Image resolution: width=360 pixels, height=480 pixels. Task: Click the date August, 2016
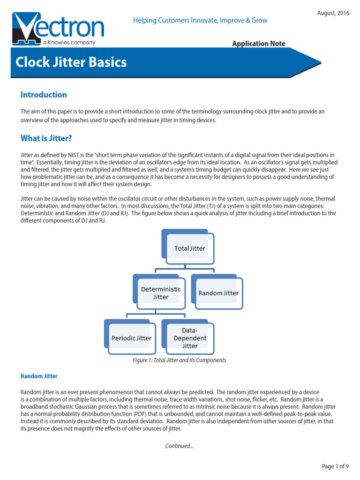coord(333,13)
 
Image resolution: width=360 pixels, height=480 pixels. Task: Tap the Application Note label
coord(259,44)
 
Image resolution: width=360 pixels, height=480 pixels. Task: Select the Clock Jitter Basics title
coord(71,62)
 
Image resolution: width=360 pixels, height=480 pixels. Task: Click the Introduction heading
coord(44,95)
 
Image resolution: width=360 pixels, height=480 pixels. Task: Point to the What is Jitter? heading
coord(46,138)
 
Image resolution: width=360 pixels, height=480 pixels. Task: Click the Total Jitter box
coord(189,248)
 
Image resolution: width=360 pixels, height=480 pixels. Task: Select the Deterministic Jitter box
coord(160,293)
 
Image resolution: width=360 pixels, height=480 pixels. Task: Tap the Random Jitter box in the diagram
coord(218,293)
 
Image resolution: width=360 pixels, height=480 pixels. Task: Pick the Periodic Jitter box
coord(131,337)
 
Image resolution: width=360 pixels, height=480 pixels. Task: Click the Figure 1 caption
coord(180,360)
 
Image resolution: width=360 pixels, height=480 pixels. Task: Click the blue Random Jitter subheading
coord(39,376)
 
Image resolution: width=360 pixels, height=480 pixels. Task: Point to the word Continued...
coord(179,446)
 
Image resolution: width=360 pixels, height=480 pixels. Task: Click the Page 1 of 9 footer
coord(335,466)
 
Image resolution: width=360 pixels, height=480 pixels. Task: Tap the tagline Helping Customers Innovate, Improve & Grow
coord(200,20)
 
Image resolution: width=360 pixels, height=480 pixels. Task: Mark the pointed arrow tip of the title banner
coord(320,62)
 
